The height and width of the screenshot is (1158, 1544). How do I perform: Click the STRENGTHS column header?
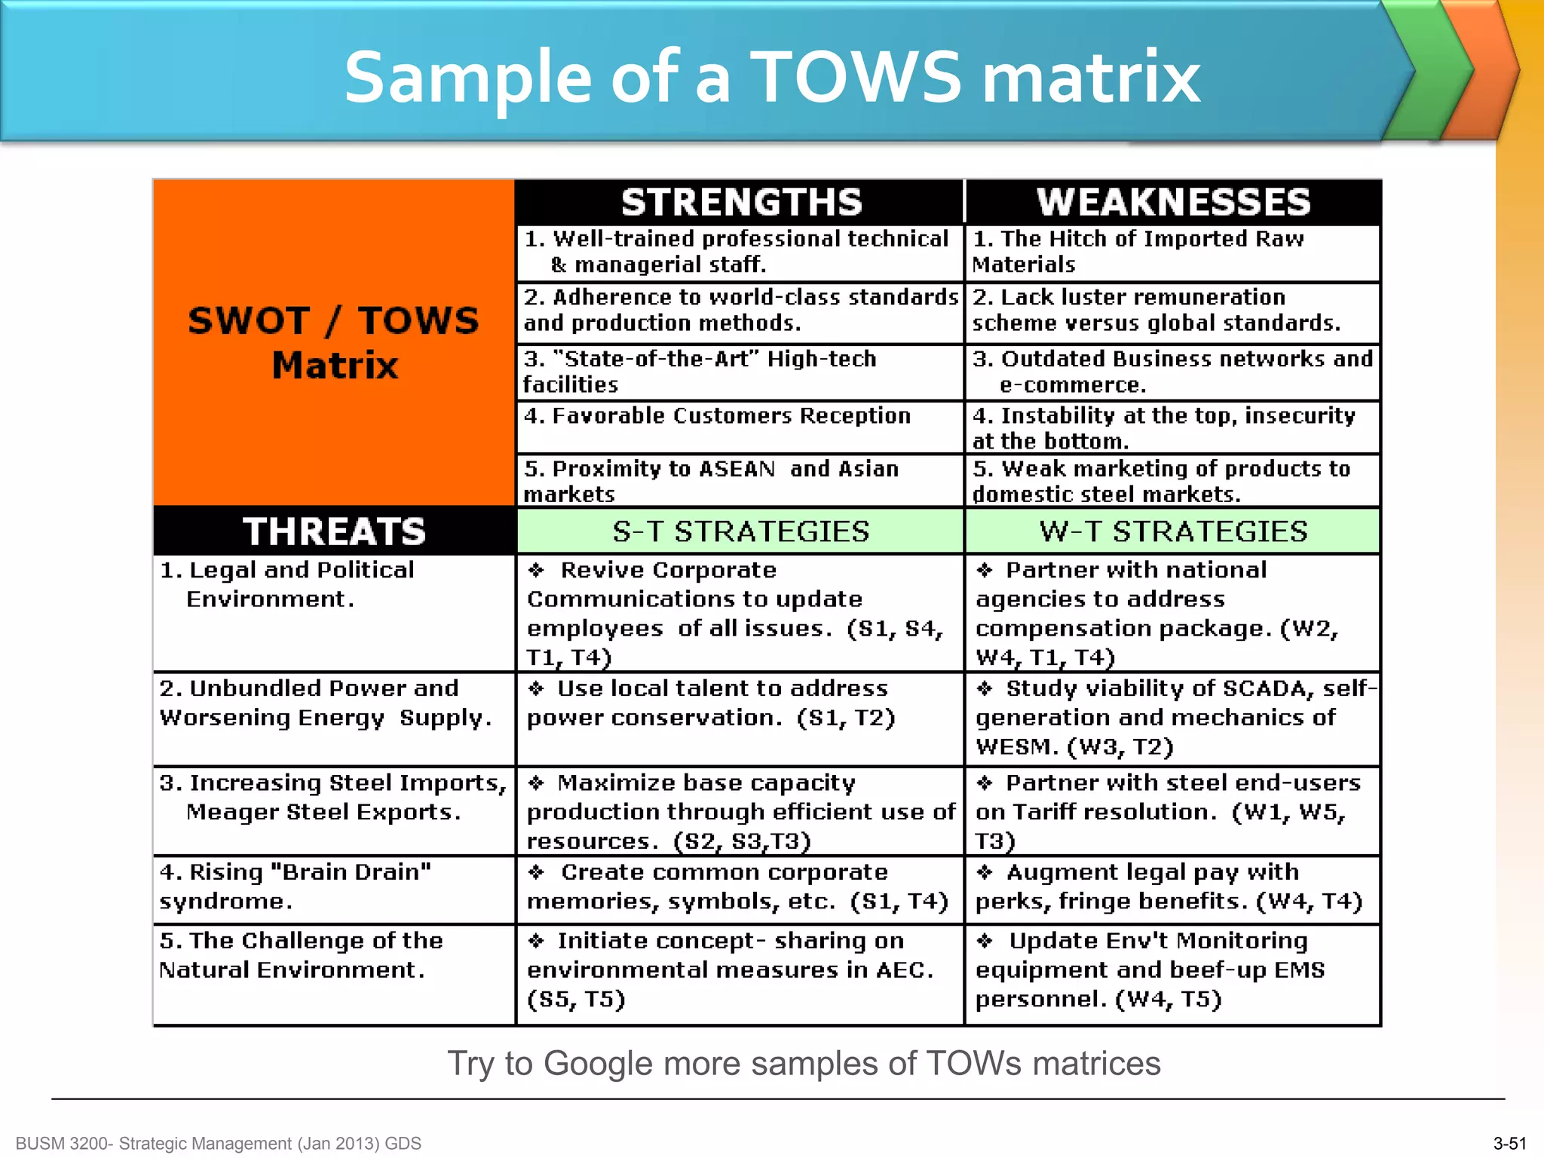[741, 202]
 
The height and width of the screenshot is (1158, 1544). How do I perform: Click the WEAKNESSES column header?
[1173, 202]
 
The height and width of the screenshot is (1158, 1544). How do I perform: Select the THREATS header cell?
[334, 531]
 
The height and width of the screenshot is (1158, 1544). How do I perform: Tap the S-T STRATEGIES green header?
[740, 532]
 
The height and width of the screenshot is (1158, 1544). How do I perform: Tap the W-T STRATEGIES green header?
[1173, 532]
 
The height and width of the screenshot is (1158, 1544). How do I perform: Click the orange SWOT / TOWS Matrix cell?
[334, 343]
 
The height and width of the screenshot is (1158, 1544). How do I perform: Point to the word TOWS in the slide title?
[856, 77]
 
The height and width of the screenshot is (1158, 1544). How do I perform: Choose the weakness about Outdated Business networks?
[1172, 372]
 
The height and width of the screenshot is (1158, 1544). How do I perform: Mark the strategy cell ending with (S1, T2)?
[711, 703]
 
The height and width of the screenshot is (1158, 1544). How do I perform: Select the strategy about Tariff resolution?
[1168, 811]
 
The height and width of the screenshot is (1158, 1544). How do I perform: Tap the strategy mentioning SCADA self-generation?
[1173, 718]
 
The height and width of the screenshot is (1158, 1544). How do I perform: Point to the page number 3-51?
[1509, 1144]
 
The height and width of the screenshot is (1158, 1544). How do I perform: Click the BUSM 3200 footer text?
[218, 1144]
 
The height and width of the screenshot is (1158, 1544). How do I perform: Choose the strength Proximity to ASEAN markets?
[711, 481]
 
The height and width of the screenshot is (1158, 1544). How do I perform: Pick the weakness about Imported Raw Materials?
[1138, 252]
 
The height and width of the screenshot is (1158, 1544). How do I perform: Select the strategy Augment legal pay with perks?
[1169, 887]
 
